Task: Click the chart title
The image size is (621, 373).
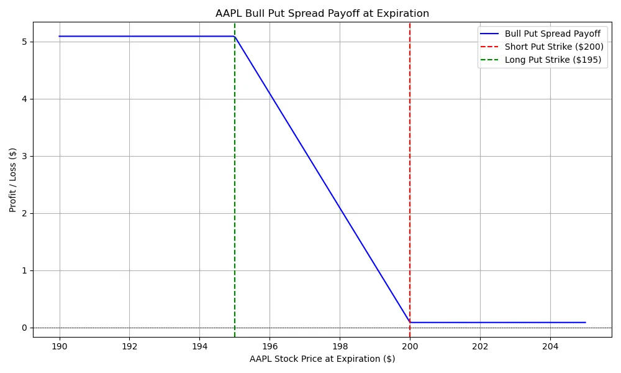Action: (322, 13)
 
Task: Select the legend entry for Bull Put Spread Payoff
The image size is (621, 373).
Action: (552, 34)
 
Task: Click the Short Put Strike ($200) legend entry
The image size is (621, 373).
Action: (554, 47)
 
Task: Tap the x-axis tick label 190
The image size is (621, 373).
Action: (60, 346)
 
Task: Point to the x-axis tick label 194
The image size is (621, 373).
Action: (199, 346)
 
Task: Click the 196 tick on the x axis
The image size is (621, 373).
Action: (270, 346)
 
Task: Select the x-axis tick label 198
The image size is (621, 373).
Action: (340, 346)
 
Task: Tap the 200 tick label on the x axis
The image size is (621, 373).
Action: (410, 346)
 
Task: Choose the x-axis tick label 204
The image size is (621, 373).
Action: (550, 346)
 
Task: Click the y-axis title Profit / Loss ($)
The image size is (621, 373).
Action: (13, 180)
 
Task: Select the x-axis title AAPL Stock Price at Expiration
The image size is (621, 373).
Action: (322, 359)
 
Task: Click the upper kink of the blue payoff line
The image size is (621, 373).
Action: (235, 36)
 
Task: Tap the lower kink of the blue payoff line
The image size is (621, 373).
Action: (410, 322)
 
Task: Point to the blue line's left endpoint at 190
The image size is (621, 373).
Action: (60, 36)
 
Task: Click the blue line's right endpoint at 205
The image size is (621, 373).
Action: (585, 322)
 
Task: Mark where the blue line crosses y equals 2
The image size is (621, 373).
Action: (343, 213)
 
